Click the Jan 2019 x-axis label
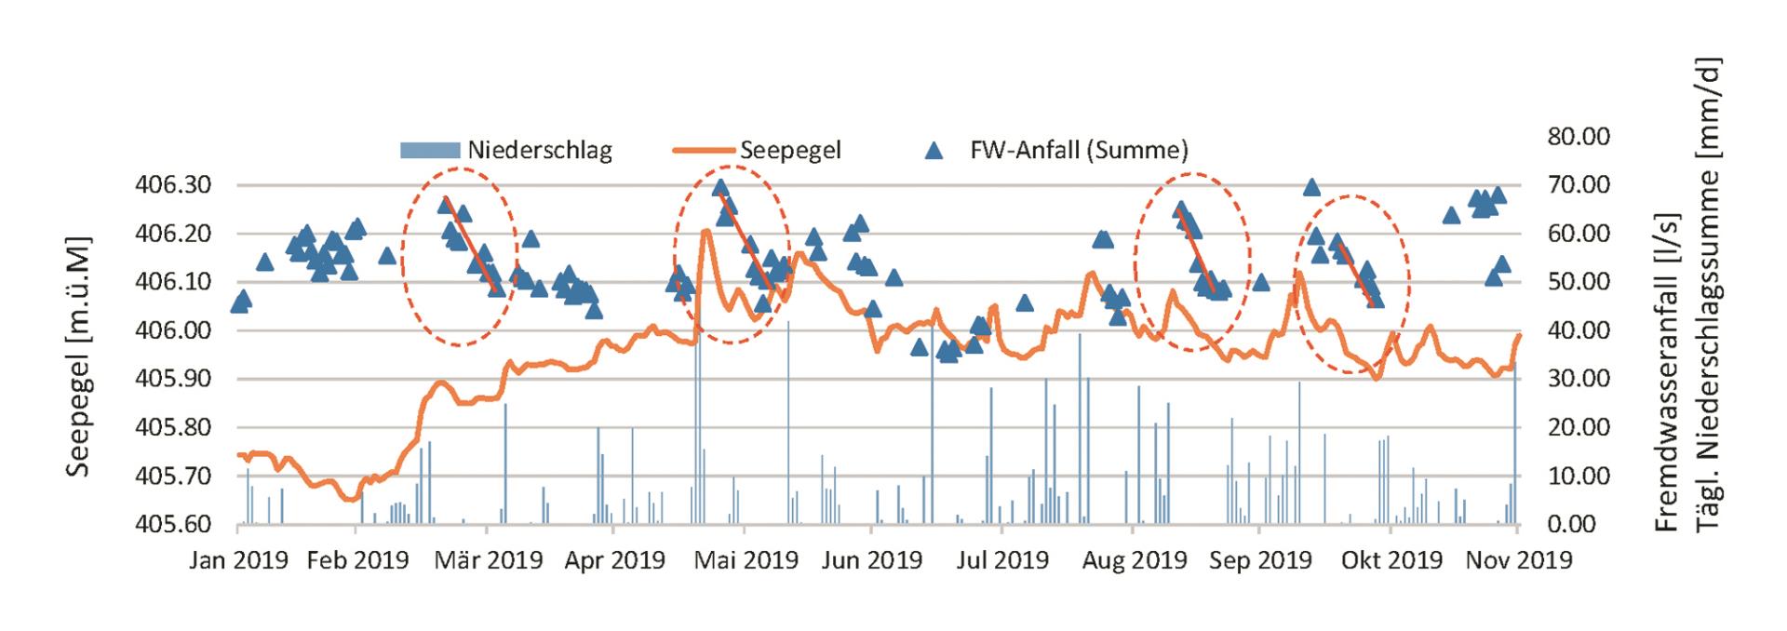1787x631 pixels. coord(238,560)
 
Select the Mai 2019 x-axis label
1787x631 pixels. coord(745,560)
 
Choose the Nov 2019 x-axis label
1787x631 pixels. coord(1518,560)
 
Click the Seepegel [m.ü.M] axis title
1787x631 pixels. coord(80,355)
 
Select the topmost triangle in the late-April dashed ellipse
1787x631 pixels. coord(719,188)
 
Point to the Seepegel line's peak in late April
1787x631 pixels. coord(706,230)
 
